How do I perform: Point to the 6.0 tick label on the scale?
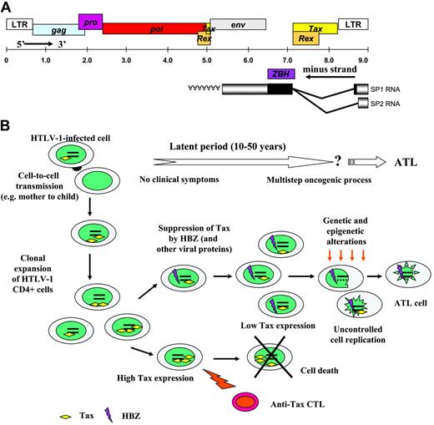pyautogui.click(x=249, y=60)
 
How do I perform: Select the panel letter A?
pyautogui.click(x=8, y=7)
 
